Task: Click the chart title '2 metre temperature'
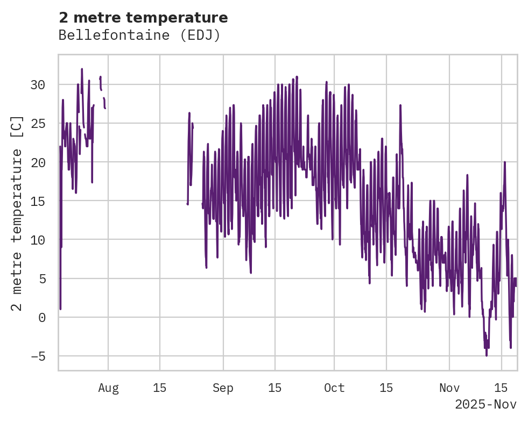[x=143, y=18]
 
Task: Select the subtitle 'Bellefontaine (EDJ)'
[x=139, y=35]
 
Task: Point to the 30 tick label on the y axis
[x=38, y=85]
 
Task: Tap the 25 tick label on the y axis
[x=38, y=124]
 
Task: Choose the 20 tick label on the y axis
[x=38, y=162]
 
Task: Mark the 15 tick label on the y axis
[x=38, y=201]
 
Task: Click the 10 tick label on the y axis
[x=38, y=240]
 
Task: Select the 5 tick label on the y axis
[x=41, y=278]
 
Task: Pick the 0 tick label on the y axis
[x=41, y=317]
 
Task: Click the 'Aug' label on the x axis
[x=108, y=388]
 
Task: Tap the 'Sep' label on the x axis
[x=223, y=388]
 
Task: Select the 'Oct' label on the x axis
[x=334, y=388]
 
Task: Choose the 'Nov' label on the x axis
[x=449, y=388]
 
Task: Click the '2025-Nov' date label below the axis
[x=485, y=404]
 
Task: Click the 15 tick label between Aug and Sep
[x=160, y=388]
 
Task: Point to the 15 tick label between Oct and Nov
[x=386, y=388]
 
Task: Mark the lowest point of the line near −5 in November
[x=487, y=355]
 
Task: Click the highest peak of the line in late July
[x=82, y=69]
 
